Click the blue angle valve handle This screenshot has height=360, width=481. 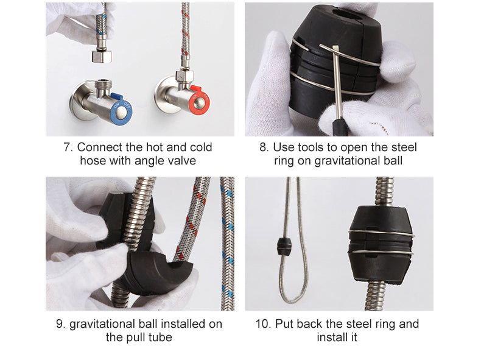121,109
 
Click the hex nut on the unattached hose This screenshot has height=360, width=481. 102,57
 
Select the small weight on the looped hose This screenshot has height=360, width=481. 284,247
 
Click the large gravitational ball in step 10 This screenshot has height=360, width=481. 381,244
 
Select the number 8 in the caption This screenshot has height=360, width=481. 264,147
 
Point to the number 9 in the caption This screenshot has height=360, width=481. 60,324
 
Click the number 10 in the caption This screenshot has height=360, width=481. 262,324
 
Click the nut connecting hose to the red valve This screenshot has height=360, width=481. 184,76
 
